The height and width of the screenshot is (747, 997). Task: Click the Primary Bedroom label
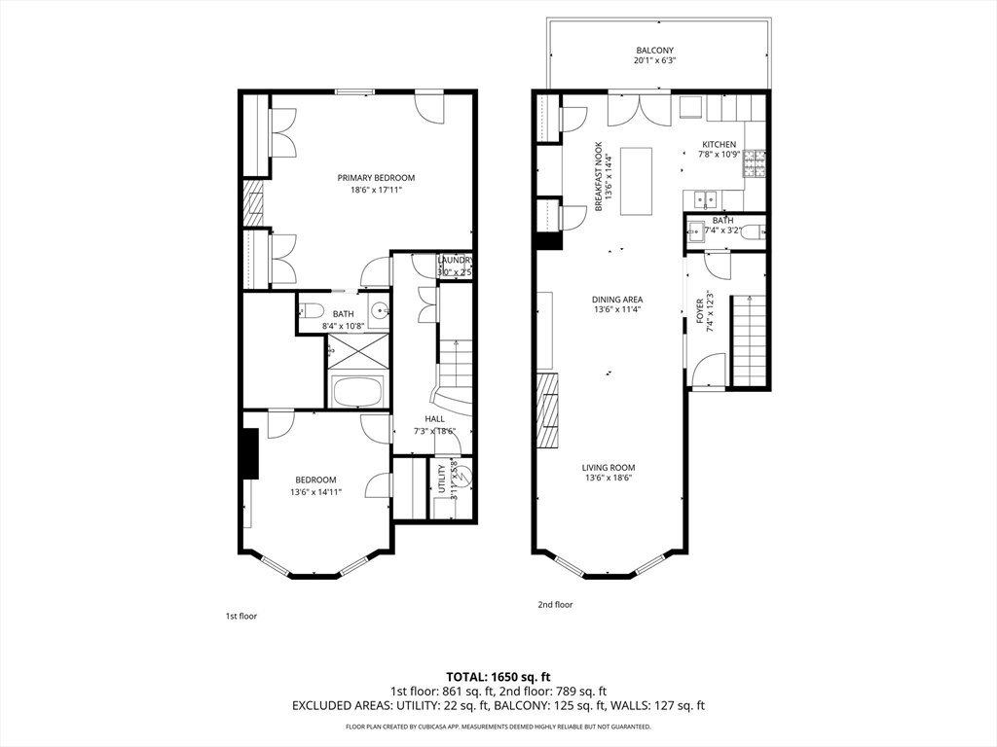tap(376, 177)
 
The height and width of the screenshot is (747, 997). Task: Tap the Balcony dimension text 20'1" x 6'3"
tap(654, 60)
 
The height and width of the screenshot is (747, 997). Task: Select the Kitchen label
tap(720, 144)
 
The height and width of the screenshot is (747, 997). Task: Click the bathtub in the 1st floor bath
tap(358, 393)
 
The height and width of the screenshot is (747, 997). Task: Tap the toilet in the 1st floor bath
tap(311, 313)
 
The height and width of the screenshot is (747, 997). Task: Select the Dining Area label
tap(617, 300)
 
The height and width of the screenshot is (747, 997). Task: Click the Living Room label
tap(609, 467)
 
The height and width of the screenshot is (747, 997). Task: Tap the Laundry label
tap(455, 260)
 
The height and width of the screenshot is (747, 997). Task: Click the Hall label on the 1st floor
tap(434, 418)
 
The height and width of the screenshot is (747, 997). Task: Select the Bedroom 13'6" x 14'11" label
tap(315, 480)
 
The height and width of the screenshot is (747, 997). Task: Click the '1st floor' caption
tap(240, 616)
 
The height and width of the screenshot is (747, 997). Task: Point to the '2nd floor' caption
tap(555, 604)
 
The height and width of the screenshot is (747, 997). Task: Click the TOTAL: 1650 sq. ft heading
tap(498, 676)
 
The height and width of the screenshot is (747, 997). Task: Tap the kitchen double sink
tap(705, 199)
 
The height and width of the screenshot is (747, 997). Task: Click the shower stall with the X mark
tap(358, 348)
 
